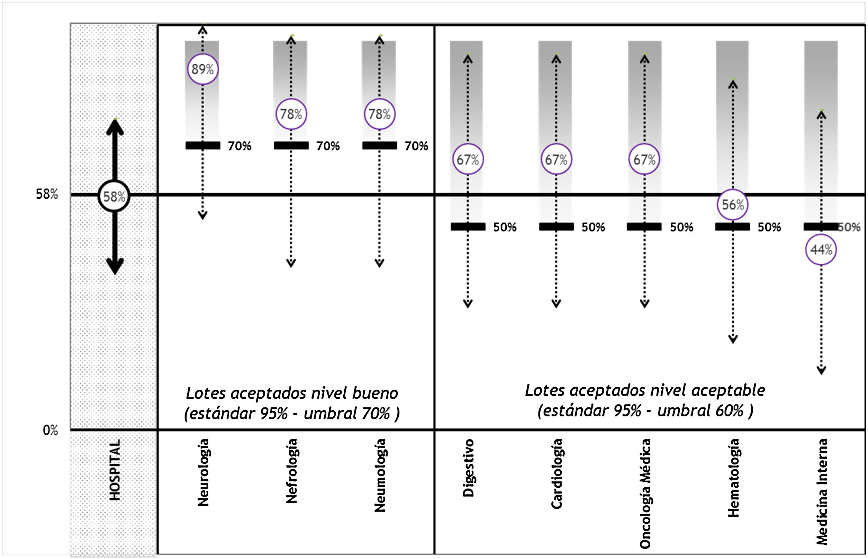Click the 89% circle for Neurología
[202, 69]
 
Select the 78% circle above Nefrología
[291, 114]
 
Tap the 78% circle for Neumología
[380, 114]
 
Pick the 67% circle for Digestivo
[468, 159]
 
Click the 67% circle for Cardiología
[556, 159]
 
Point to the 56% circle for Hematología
[733, 205]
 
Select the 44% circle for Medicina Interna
[821, 250]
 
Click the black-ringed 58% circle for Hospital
[114, 196]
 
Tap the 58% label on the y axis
[47, 194]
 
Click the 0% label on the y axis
[50, 430]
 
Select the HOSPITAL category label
[115, 470]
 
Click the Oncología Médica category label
[645, 493]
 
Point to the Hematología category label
[733, 477]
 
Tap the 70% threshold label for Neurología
[239, 146]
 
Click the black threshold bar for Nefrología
[291, 146]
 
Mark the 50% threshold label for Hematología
[769, 227]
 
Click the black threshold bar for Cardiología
[556, 227]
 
